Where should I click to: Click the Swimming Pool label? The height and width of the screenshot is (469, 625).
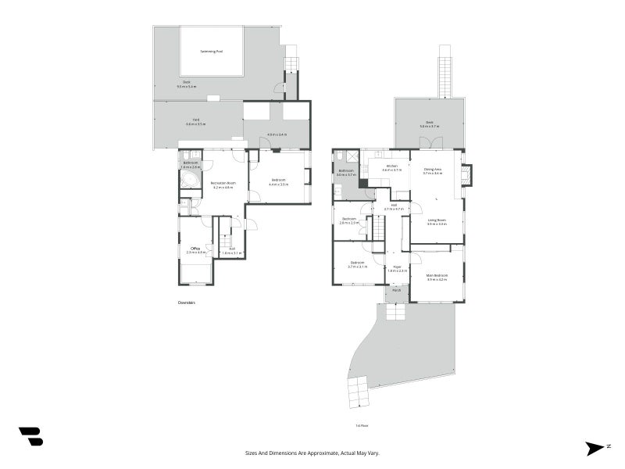(211, 51)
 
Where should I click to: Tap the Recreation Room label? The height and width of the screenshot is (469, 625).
(223, 184)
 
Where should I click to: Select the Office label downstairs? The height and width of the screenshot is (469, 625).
(195, 250)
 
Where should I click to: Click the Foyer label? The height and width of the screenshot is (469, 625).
(398, 267)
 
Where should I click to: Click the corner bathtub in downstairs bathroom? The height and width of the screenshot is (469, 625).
(189, 181)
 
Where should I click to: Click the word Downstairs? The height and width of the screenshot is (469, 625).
(186, 301)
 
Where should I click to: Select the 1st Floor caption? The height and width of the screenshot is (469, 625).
(361, 426)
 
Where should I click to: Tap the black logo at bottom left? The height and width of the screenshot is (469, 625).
(30, 436)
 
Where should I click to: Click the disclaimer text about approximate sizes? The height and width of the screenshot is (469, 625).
(312, 453)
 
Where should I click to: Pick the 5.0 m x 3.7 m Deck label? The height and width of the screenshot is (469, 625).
(429, 124)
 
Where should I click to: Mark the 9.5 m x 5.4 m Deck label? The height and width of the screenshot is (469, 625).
(187, 84)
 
